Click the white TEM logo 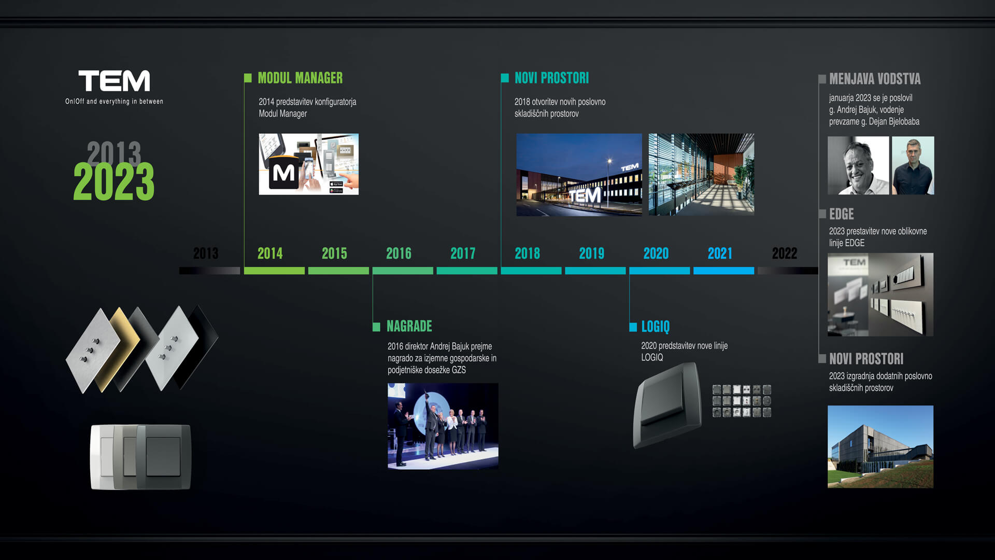point(114,81)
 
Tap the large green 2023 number point(114,181)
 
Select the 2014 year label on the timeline point(270,254)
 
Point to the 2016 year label point(399,254)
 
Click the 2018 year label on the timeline point(527,254)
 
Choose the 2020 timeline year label point(656,254)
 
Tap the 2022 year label point(785,254)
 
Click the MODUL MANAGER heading point(300,78)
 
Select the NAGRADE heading point(409,326)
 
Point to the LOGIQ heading point(656,326)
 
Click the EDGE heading point(841,214)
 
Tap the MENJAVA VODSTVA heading point(875,79)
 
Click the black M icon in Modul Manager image point(283,173)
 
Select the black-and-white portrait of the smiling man point(858,165)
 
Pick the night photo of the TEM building point(579,175)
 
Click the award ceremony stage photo point(443,426)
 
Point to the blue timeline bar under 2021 point(723,271)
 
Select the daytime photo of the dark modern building point(880,446)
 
